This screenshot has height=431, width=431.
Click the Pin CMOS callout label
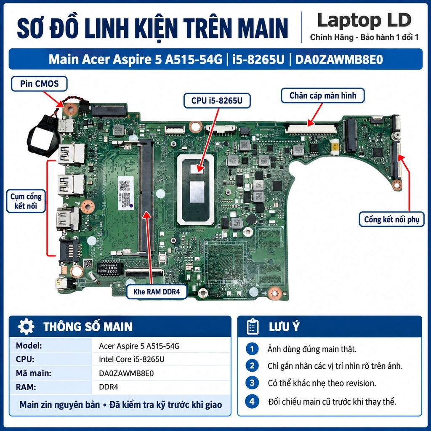coord(39,84)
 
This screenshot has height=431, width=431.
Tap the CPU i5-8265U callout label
coord(217,101)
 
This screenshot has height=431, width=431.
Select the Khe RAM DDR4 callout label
coord(157,292)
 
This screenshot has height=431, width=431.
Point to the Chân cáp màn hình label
coord(323,96)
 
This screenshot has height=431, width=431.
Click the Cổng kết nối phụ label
coord(391,219)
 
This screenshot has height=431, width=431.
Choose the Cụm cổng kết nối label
coord(26,201)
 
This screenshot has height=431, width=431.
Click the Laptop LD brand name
coord(364,20)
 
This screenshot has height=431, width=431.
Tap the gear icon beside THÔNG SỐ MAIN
coord(26,327)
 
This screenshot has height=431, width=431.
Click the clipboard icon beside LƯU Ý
coord(253,327)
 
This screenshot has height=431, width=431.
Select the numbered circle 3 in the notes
coord(252,383)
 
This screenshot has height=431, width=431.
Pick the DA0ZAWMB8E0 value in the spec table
coord(126,373)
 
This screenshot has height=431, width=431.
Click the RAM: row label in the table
coord(26,387)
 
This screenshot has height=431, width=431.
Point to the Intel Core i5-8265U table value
coord(132,359)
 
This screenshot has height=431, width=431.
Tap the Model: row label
coord(29,346)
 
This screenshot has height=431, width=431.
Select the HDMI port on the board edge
coord(68,219)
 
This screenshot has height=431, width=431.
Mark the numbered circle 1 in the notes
coord(252,349)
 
